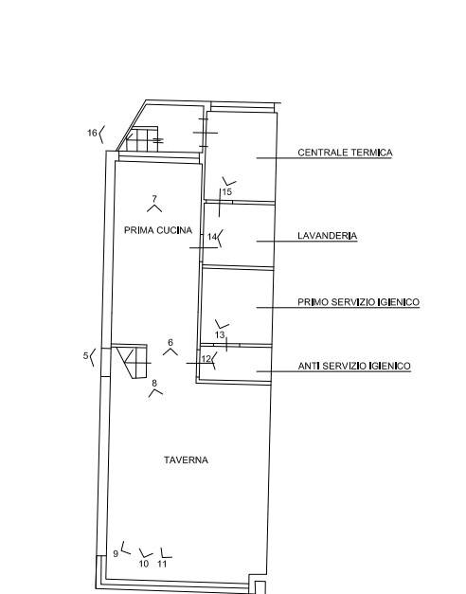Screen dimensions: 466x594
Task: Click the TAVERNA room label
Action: point(186,459)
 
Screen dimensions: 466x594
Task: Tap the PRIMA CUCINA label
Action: point(158,230)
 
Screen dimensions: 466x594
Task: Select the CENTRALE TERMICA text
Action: point(345,153)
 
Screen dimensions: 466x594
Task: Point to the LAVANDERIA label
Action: point(328,236)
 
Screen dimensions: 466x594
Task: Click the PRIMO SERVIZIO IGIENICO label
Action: point(359,302)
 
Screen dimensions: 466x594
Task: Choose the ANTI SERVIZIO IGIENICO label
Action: point(354,367)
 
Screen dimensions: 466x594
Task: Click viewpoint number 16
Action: point(93,133)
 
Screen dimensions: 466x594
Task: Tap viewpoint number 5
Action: point(85,355)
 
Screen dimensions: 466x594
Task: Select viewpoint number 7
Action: point(154,199)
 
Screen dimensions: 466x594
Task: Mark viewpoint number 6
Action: point(170,342)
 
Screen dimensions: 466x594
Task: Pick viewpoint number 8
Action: point(154,383)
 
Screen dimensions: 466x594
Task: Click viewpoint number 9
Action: point(116,553)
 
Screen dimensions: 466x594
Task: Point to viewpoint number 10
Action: point(144,564)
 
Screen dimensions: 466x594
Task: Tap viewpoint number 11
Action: point(162,564)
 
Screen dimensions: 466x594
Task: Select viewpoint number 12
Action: point(206,359)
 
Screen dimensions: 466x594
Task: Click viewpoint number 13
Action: point(220,334)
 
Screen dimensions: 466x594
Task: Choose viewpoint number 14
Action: point(212,237)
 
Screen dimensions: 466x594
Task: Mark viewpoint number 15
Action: point(227,191)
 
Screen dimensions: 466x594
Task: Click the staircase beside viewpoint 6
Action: point(132,361)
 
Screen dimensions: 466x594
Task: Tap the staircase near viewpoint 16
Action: point(142,139)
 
